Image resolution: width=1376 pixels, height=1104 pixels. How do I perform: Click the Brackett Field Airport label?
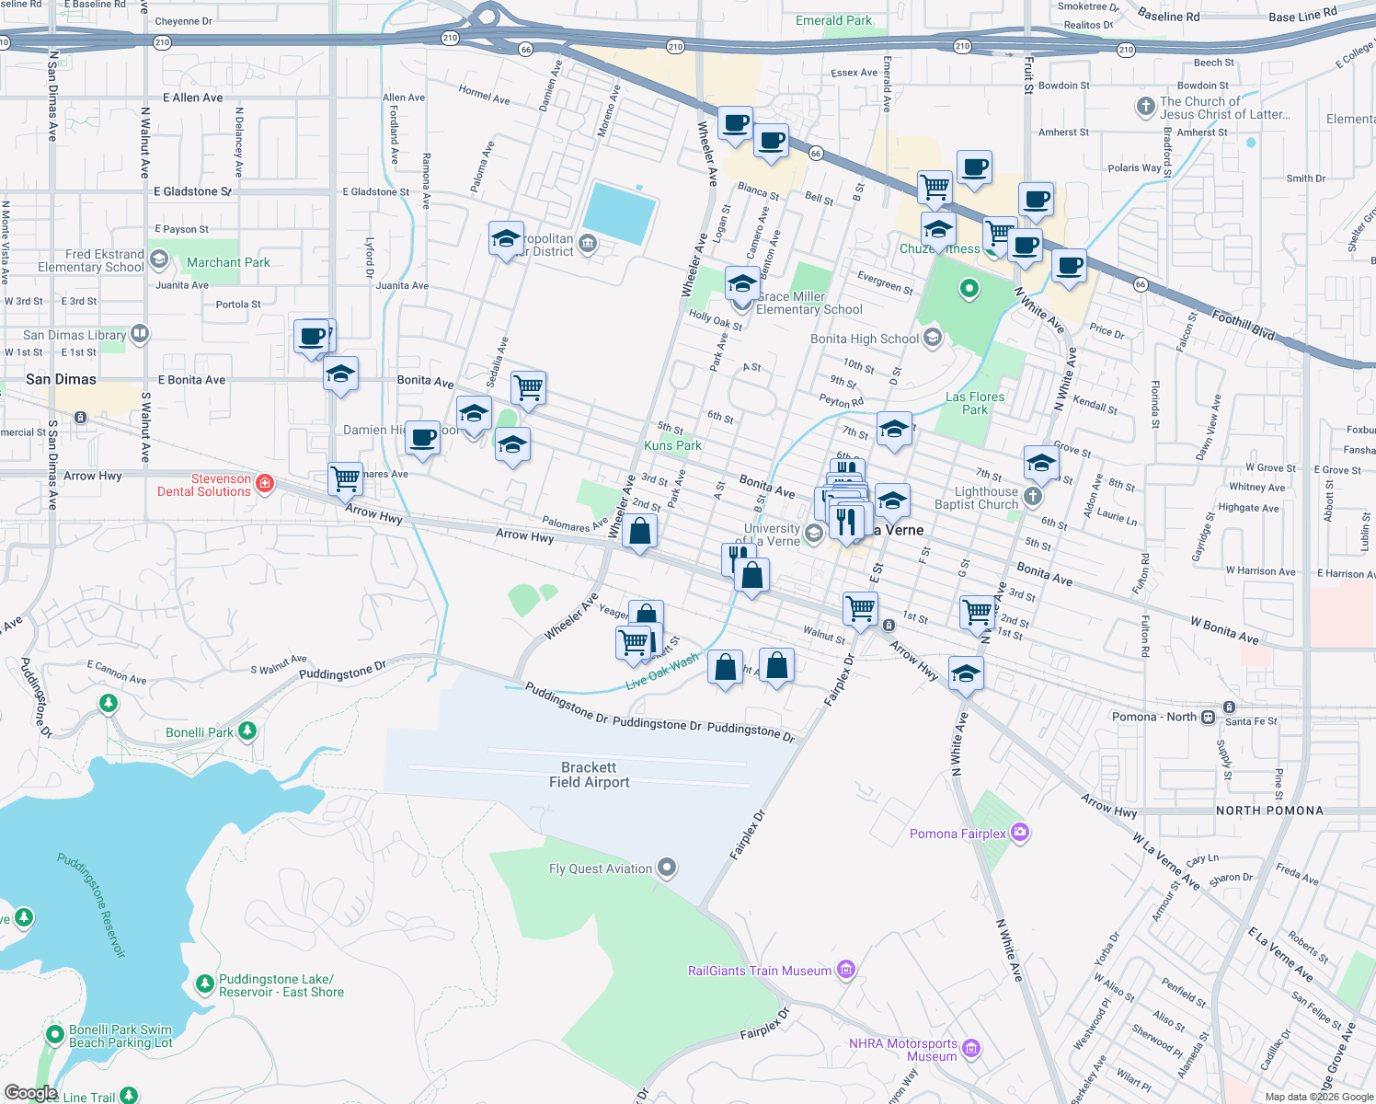point(590,775)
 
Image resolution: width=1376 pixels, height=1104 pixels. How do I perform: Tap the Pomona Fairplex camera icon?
point(1019,833)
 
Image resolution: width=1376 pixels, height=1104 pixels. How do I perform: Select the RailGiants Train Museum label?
point(759,971)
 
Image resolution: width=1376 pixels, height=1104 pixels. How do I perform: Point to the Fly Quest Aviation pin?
point(668,868)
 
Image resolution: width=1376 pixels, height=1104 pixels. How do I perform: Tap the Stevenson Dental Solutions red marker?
point(265,484)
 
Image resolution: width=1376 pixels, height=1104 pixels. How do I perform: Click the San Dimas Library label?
point(75,335)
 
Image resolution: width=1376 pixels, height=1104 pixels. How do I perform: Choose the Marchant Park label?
point(228,262)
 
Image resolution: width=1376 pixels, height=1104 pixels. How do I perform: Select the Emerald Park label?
point(833,20)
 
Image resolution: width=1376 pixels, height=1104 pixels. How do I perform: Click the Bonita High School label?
point(865,339)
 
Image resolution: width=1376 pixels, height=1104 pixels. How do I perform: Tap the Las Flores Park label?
point(975,403)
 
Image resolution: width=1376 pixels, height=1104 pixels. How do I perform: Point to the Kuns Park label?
point(672,445)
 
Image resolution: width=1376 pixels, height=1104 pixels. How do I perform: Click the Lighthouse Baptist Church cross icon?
point(1033,497)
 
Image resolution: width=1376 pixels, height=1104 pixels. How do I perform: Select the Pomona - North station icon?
point(1207,717)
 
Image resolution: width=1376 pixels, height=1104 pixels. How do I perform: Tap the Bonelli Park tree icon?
point(247,731)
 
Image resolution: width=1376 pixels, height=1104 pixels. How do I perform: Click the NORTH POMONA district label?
point(1269,811)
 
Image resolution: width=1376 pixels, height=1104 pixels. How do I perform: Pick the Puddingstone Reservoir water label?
point(91,905)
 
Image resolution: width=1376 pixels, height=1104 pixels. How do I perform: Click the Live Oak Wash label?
point(662,672)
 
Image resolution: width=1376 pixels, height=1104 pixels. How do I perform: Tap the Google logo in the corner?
point(30,1092)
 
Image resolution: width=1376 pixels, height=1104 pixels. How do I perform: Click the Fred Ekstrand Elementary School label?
point(91,260)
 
